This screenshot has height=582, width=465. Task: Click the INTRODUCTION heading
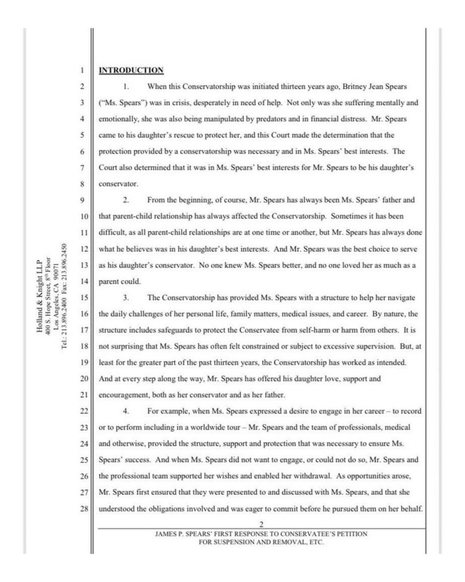[x=131, y=70]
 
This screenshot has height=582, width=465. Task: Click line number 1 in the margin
[x=82, y=71]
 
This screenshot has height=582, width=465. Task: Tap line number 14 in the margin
[x=81, y=281]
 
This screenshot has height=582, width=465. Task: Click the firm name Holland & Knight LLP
[x=39, y=296]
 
